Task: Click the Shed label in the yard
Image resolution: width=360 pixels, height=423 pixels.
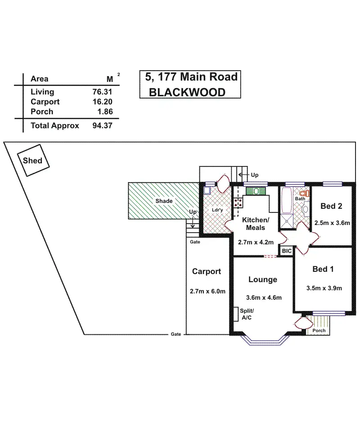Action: pos(33,161)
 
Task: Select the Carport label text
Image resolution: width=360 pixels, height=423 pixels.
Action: pos(207,271)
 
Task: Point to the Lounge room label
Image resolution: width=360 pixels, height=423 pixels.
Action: pos(263,279)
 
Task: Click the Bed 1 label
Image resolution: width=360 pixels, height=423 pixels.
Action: pos(323,269)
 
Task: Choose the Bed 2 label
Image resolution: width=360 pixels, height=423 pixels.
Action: pos(332,206)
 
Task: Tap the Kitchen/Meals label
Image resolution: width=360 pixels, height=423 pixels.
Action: pos(255,224)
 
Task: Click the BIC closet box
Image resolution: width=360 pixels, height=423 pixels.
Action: pos(287,251)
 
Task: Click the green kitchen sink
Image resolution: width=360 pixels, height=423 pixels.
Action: pos(256,191)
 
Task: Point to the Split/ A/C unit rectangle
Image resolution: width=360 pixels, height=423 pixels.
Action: pos(235,314)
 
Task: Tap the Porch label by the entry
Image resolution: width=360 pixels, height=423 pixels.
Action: pos(319,331)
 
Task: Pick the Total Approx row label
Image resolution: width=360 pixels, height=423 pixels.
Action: pos(54,126)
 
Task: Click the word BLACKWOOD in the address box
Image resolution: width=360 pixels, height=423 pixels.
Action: pos(187,92)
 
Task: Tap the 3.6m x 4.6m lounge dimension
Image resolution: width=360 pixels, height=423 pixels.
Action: pos(264,297)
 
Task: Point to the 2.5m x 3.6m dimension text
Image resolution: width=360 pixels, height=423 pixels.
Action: pos(332,223)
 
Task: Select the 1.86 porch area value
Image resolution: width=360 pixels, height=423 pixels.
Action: pos(104,112)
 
